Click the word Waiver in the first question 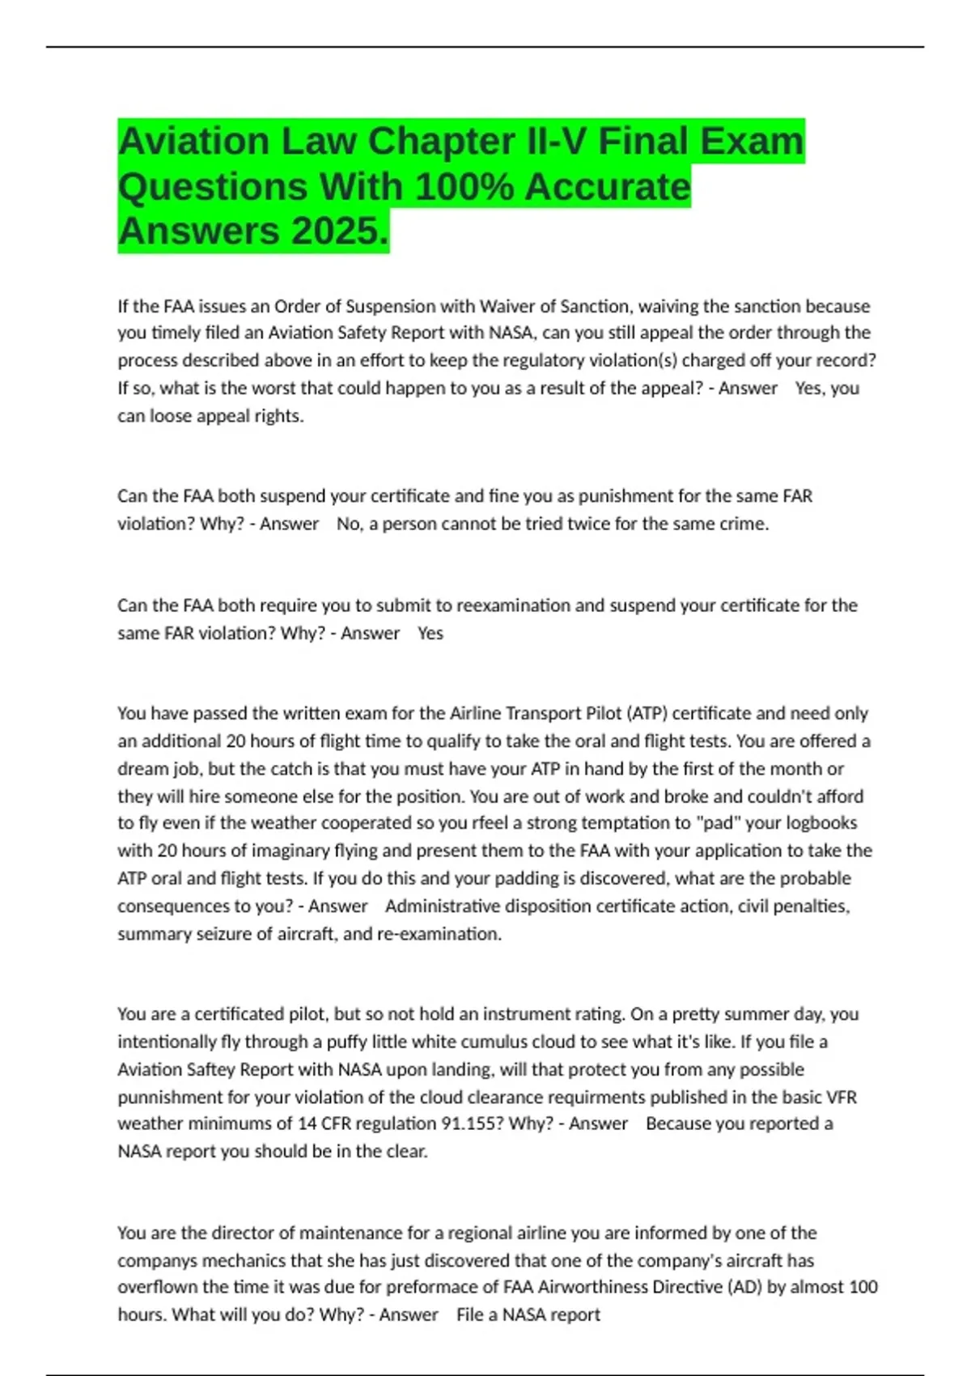click(507, 306)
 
